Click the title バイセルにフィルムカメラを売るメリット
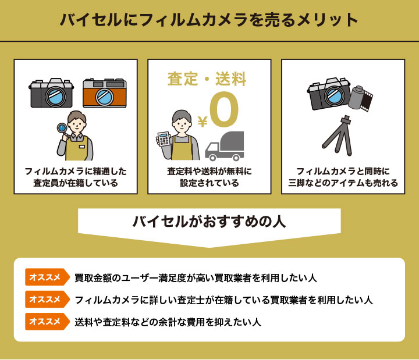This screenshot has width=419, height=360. click(x=210, y=20)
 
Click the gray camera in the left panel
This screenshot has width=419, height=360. click(x=52, y=93)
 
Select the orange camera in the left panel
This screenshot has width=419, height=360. click(x=104, y=93)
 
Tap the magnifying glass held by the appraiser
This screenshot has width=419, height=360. click(x=61, y=129)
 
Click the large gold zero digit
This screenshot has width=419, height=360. click(x=224, y=110)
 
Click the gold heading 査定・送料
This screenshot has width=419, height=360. click(x=207, y=79)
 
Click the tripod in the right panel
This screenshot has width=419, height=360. click(x=342, y=136)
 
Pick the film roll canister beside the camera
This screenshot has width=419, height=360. click(x=359, y=98)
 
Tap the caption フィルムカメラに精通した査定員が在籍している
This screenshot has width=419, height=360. click(x=76, y=177)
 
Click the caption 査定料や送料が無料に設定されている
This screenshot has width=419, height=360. click(x=210, y=177)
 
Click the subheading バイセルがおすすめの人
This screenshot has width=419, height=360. click(x=209, y=222)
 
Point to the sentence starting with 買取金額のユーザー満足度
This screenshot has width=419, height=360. click(x=196, y=278)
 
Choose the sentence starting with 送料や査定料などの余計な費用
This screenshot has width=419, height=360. click(x=167, y=322)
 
